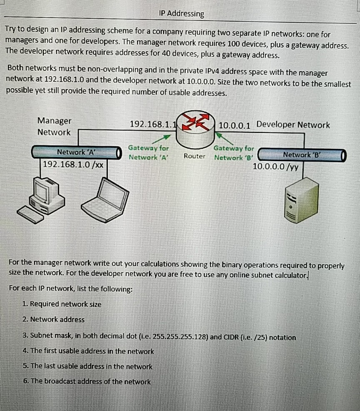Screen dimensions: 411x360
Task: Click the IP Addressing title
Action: (182, 14)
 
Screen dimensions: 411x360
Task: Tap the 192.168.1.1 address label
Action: (153, 125)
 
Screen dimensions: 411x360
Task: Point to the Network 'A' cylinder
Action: (75, 152)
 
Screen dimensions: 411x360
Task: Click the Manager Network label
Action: (54, 126)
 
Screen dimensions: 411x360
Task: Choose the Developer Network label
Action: (293, 125)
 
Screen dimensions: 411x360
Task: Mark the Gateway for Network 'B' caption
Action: (234, 152)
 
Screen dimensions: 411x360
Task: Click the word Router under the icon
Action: (195, 156)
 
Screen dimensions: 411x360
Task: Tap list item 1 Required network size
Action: (62, 304)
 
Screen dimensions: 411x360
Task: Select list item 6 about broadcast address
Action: (87, 381)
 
